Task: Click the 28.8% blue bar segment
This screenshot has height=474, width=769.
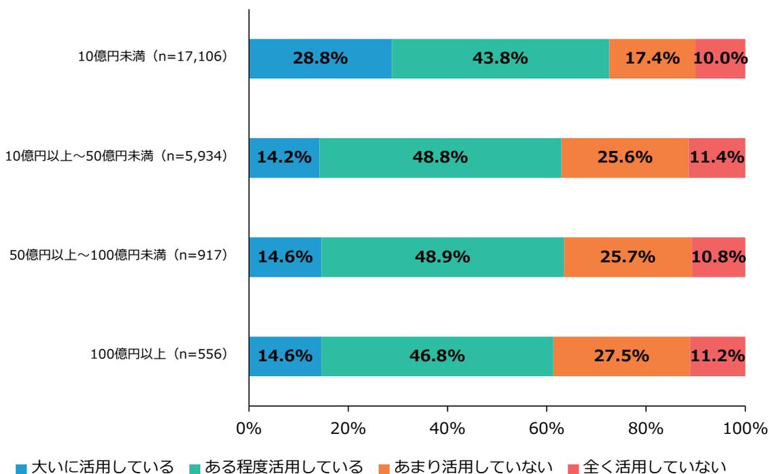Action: click(x=320, y=58)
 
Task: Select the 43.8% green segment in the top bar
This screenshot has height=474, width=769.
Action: click(x=500, y=58)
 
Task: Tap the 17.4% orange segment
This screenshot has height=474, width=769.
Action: click(x=651, y=58)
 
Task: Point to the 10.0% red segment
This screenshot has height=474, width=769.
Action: click(x=720, y=58)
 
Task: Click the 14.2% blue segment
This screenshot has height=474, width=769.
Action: click(x=284, y=158)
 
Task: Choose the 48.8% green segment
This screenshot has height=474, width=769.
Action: click(x=440, y=158)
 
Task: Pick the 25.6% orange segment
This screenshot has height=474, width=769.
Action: click(x=624, y=158)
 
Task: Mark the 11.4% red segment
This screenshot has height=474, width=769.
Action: click(x=717, y=158)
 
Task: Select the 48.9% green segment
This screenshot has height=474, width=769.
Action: click(x=442, y=257)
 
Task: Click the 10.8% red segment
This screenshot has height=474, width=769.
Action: click(x=719, y=257)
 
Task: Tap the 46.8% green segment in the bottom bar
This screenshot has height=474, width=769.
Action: click(x=437, y=356)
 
